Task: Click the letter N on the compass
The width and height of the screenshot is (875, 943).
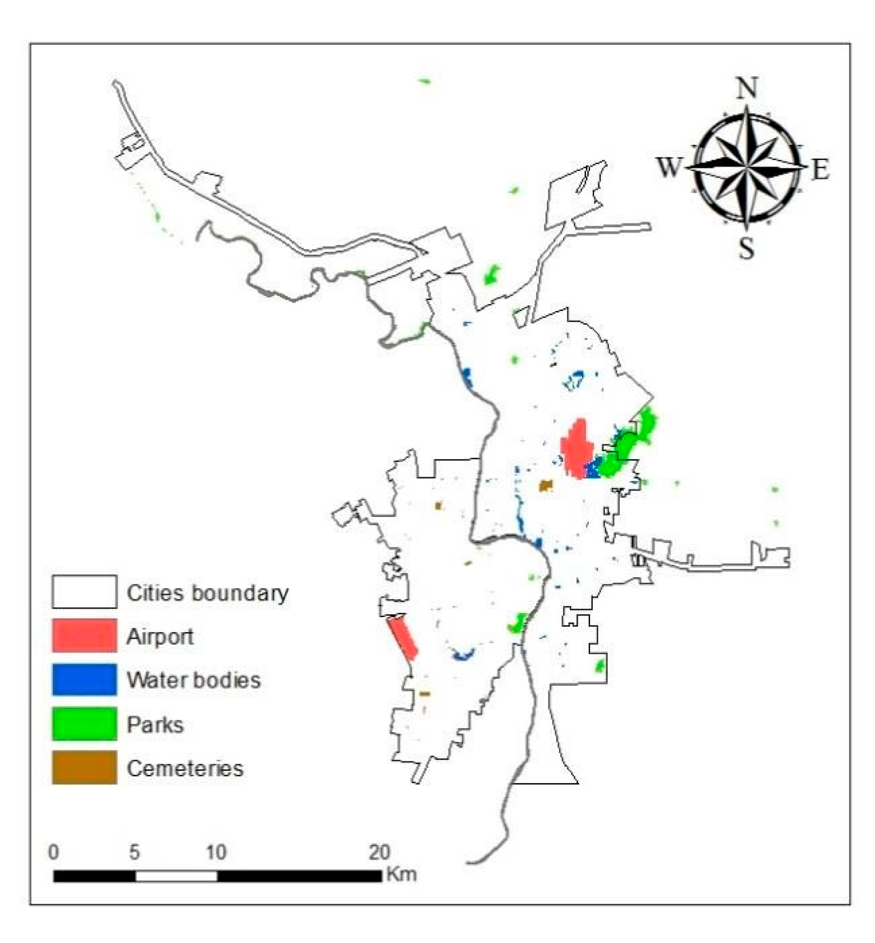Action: pos(747,88)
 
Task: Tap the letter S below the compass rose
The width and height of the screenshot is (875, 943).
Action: pos(746,248)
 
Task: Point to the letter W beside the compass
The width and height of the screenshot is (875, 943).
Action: pos(668,167)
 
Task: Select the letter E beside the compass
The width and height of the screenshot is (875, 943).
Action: pos(820,170)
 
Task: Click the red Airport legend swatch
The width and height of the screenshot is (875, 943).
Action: pos(84,635)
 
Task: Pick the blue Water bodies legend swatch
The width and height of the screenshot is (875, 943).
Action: pos(84,679)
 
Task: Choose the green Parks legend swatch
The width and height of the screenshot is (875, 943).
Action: pos(84,723)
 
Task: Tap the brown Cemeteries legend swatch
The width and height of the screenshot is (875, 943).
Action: pos(84,767)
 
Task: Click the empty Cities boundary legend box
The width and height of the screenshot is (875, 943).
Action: pos(84,592)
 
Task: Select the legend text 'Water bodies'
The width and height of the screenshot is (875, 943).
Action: pos(194,680)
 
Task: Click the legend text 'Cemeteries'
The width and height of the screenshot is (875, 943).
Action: pos(185,768)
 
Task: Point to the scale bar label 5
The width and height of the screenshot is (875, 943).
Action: pos(134,852)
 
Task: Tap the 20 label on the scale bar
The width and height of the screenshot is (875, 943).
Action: pos(379,852)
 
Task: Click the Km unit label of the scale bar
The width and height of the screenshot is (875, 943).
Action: pos(401,874)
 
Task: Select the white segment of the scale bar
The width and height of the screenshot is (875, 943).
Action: pos(176,876)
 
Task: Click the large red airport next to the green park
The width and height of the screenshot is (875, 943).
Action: pos(577,449)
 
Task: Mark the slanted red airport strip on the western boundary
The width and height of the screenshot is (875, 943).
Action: pos(403,638)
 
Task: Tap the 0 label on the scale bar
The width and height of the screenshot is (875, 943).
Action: pos(53,852)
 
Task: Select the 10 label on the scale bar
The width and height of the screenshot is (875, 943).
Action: pos(216,852)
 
